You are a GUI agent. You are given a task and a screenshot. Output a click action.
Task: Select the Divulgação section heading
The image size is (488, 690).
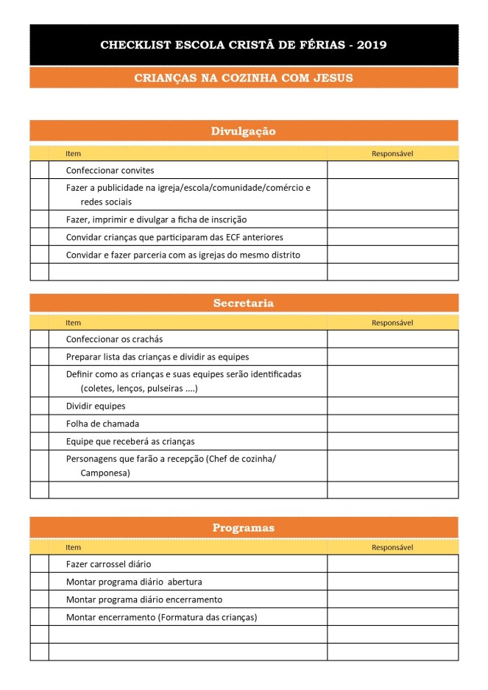[244, 131]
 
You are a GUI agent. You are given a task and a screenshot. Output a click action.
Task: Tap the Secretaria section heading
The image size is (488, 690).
[244, 303]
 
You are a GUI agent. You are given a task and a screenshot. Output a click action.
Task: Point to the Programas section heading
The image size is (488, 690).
[244, 527]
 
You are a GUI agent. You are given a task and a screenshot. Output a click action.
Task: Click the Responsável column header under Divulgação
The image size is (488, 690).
[392, 154]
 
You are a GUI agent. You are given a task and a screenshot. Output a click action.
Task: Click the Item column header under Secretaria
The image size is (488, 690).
[74, 323]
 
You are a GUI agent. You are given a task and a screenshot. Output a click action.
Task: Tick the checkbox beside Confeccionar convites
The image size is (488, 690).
[39, 170]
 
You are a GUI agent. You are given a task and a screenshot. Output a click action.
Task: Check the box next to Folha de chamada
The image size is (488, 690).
[39, 423]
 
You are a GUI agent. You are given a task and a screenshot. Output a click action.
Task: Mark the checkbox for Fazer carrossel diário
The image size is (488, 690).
[39, 564]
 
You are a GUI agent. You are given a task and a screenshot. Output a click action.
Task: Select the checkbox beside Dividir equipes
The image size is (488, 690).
[39, 406]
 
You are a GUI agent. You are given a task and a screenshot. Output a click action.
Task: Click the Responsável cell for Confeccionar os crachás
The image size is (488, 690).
[392, 339]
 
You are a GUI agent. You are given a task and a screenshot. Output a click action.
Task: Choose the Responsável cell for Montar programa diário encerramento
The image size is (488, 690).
[392, 599]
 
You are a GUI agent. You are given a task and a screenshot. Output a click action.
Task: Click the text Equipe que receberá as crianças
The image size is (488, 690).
[130, 441]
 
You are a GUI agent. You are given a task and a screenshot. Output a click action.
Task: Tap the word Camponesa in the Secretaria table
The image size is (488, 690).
[105, 474]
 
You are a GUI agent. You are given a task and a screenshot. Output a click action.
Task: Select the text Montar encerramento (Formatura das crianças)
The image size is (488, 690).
[161, 617]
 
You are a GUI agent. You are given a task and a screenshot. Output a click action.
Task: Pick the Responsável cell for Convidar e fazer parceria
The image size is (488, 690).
[392, 255]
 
